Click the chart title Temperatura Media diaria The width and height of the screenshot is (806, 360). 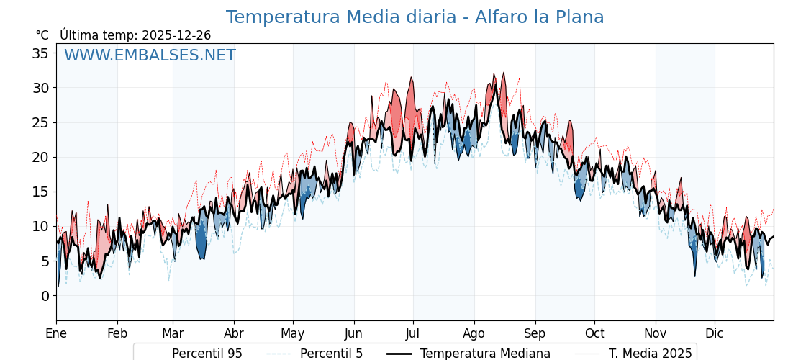click(415, 17)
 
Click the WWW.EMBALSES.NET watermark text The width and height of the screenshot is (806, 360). click(150, 55)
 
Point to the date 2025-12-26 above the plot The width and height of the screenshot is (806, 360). click(176, 35)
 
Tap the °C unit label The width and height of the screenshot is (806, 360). click(42, 35)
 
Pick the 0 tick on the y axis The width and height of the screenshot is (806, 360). click(45, 296)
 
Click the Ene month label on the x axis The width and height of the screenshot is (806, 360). click(56, 333)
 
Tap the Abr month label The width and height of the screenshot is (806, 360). click(234, 333)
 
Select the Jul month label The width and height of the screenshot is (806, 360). click(413, 333)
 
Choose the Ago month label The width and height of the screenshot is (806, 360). click(474, 333)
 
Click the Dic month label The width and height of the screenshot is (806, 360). click(715, 333)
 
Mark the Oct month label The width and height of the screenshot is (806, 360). click(594, 333)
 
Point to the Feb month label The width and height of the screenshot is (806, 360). click(117, 333)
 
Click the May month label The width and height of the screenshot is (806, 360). click(293, 333)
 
